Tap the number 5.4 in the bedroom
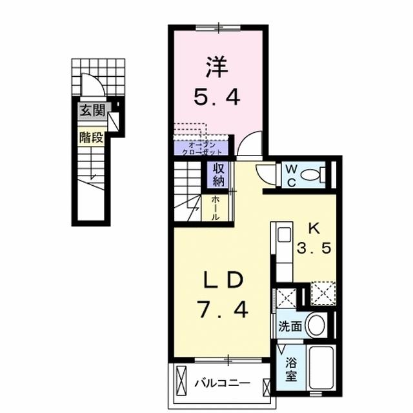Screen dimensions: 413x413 coord(217,97)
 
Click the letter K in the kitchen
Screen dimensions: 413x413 coord(314,228)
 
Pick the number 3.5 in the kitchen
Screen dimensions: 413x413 coord(314,249)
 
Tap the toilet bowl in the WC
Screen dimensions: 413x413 coord(313,174)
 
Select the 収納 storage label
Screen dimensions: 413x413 coord(215,175)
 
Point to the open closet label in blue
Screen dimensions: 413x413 coord(201,148)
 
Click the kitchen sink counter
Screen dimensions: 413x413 coord(283,252)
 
